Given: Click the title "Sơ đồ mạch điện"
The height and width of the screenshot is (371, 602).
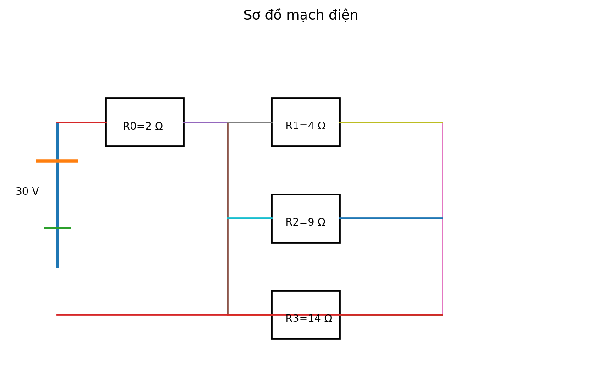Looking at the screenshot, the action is tap(301, 15).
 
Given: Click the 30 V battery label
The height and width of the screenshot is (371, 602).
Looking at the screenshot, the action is tap(27, 191).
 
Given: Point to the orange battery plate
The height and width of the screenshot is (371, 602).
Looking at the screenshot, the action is tap(57, 161).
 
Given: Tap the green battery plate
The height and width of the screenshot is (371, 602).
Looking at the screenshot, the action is tap(57, 228).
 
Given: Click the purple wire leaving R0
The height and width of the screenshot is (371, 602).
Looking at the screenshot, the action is tap(206, 122).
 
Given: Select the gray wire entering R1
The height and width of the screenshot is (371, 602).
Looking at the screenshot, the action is tap(250, 122).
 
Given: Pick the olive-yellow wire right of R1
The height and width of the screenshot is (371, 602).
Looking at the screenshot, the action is tap(391, 122).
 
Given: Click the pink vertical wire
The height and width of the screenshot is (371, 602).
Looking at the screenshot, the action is tap(443, 218).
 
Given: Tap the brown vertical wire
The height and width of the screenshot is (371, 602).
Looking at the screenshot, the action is tap(228, 218).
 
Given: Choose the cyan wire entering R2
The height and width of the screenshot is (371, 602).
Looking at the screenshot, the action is tap(250, 218).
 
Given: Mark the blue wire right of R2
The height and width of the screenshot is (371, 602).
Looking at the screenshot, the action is tap(391, 218).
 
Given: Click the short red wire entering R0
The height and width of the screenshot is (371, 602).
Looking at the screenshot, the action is tap(82, 122).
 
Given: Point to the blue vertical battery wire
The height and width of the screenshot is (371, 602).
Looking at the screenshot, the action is tap(58, 195).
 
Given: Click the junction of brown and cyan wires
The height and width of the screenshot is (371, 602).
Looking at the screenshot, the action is tap(228, 218).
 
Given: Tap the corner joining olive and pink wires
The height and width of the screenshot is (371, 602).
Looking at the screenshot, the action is tap(443, 122).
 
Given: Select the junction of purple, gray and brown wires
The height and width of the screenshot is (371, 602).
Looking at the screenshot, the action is tap(228, 122).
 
